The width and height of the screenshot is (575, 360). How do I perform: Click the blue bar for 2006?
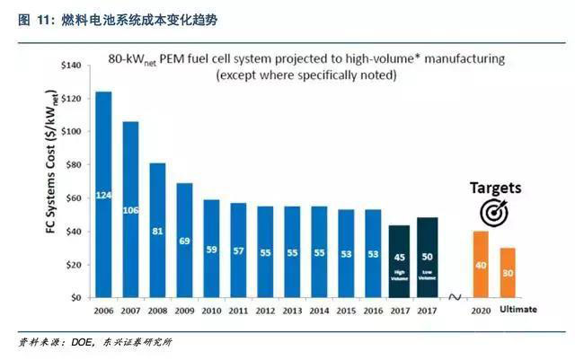pos(103,195)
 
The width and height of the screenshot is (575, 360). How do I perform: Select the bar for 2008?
pos(157,230)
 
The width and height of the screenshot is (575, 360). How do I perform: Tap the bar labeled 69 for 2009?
pos(183,240)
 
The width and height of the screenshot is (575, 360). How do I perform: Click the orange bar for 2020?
pos(482,264)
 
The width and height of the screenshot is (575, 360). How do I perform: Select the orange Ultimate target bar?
pos(509,272)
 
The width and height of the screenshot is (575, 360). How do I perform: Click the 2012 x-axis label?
pos(264,310)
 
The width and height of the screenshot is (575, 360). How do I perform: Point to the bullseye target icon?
pos(493,214)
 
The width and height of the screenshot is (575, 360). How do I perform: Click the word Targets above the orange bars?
pos(493,189)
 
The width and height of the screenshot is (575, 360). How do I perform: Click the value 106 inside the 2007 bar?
pos(130,210)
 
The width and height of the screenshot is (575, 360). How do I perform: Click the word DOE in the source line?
pos(80,344)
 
